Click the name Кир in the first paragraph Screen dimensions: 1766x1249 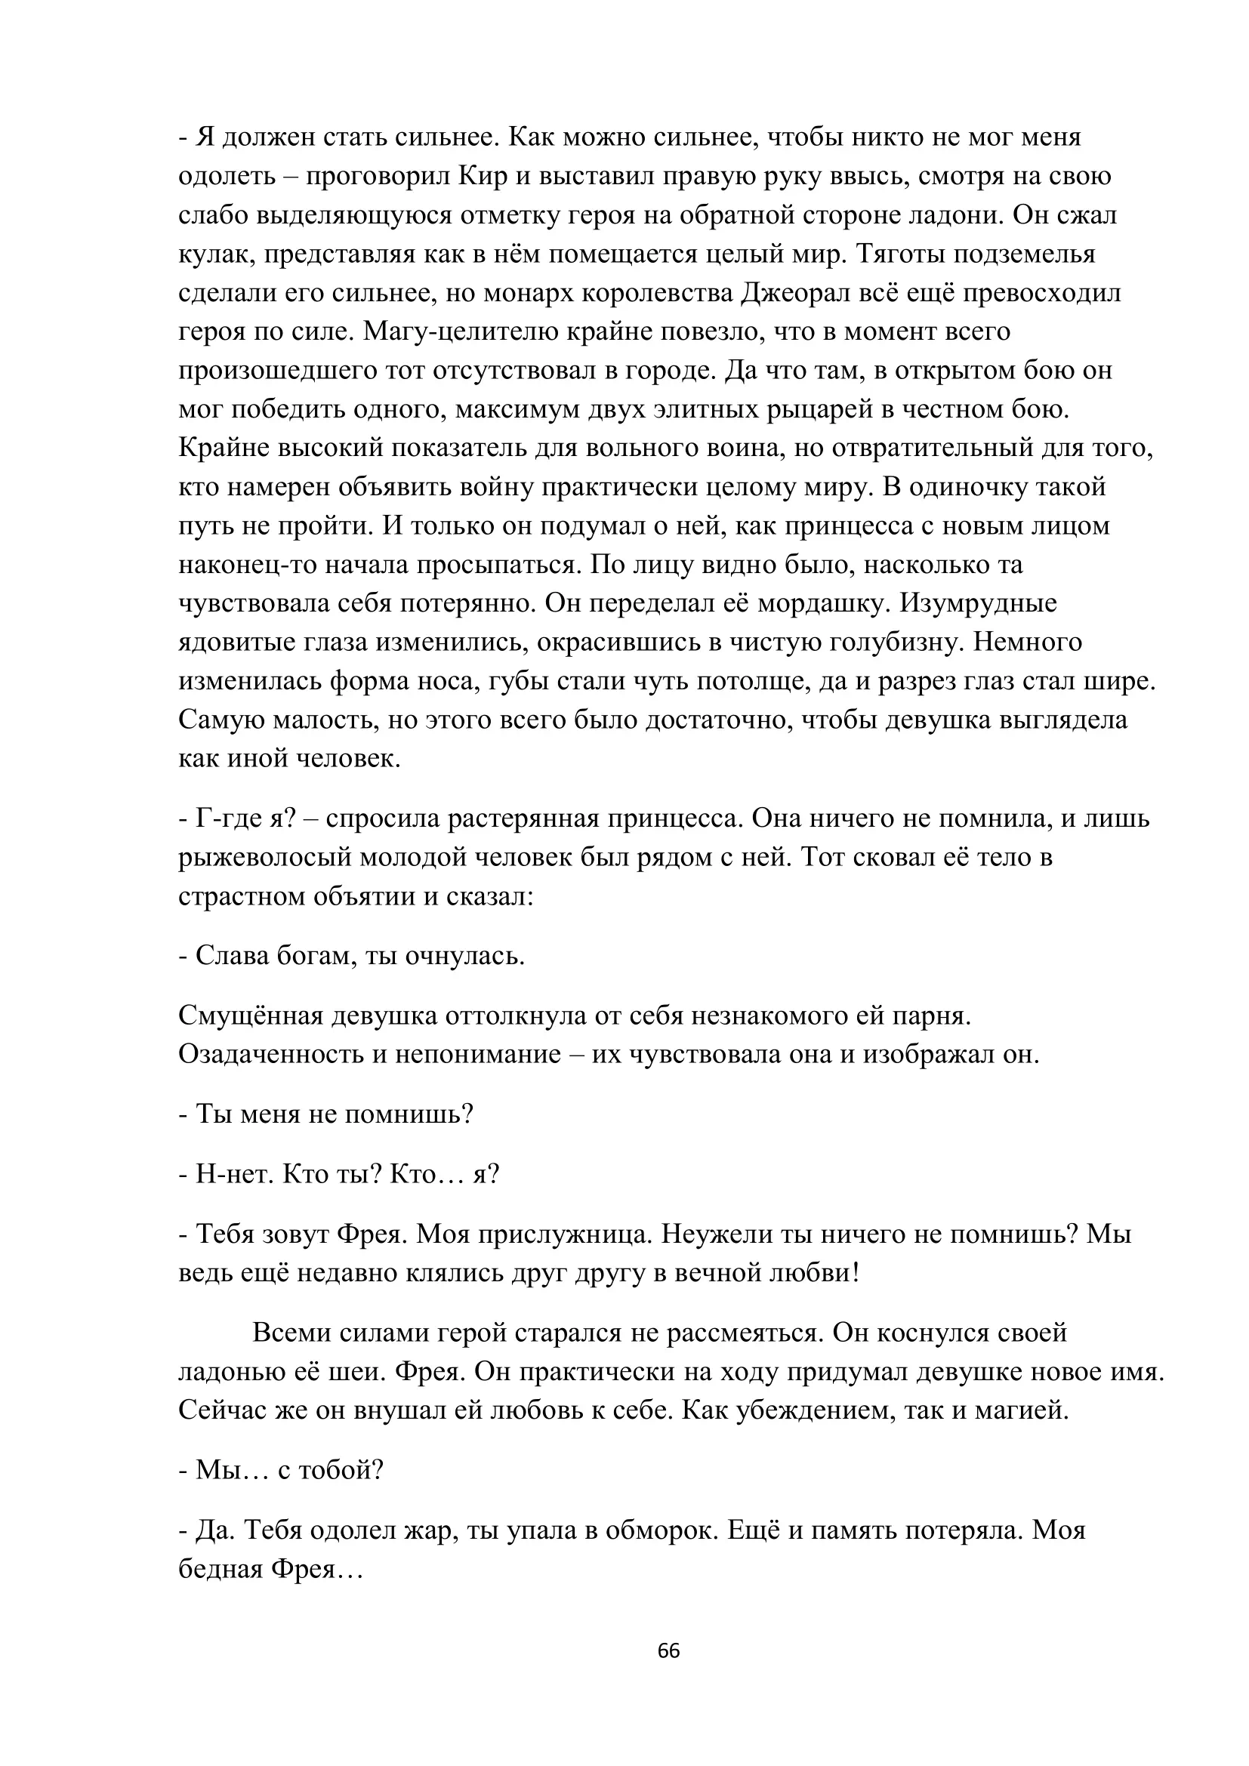[484, 177]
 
